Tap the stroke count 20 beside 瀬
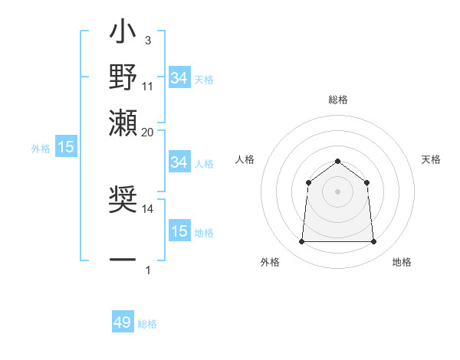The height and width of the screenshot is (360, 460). point(148,132)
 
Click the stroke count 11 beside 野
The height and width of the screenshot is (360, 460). point(148,87)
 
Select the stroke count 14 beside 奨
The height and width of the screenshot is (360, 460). point(148,208)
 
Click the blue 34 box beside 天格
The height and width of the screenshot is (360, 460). point(179,78)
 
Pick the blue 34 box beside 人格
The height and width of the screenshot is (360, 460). point(179,162)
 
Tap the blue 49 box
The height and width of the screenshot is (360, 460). point(123,322)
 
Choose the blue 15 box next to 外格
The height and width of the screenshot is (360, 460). point(66,147)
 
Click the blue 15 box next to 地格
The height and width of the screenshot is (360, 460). point(179,231)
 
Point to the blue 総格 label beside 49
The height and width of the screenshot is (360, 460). point(147,324)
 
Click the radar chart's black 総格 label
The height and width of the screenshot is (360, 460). point(337,100)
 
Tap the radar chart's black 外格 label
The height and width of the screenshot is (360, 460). point(270,262)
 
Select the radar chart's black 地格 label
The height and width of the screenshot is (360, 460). point(402,262)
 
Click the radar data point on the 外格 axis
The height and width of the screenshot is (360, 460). point(301,242)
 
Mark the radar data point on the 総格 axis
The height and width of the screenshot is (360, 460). point(337,161)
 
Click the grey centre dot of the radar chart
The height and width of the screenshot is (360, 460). point(337,191)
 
